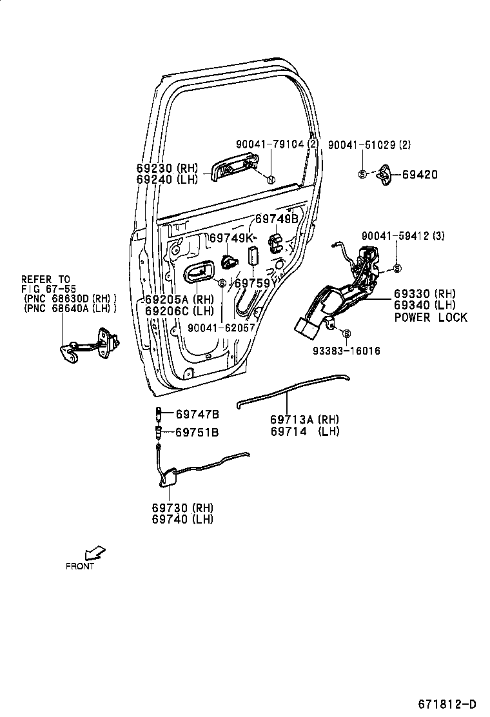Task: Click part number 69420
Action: [420, 174]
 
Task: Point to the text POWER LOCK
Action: [431, 317]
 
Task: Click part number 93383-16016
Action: [346, 351]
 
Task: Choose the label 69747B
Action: [197, 414]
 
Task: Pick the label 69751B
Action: [197, 432]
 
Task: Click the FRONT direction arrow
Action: [95, 553]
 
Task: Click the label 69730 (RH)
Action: [182, 507]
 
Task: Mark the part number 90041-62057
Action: [222, 328]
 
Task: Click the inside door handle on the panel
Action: [200, 273]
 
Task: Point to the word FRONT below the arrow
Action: [80, 566]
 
